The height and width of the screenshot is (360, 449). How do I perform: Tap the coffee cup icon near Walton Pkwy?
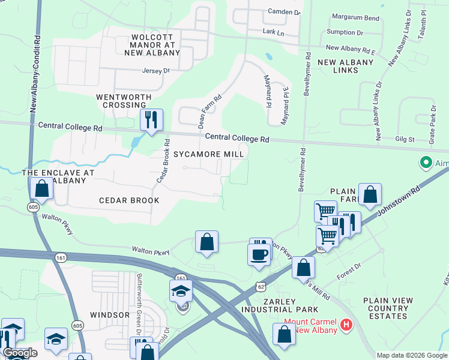(x=259, y=254)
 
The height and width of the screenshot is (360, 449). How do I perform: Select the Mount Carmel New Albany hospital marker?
(x=345, y=326)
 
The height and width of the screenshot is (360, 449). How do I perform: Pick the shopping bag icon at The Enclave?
(x=42, y=188)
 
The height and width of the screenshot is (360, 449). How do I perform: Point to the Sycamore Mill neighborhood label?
(x=208, y=154)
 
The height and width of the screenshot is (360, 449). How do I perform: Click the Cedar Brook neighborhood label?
(x=128, y=200)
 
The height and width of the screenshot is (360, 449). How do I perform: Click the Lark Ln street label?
(x=273, y=32)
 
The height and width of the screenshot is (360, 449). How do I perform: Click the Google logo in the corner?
(x=20, y=353)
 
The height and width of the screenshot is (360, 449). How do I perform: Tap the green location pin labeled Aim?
(x=426, y=162)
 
